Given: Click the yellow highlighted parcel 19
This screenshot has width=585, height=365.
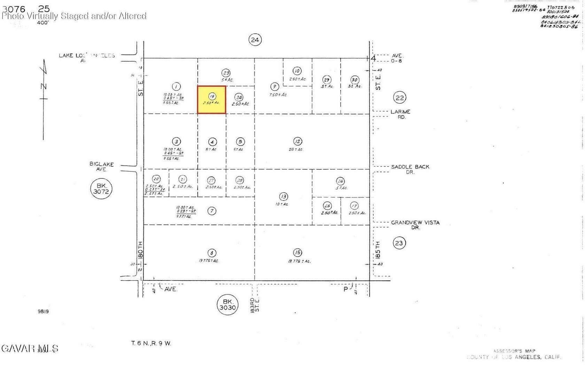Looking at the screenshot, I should coord(211,100).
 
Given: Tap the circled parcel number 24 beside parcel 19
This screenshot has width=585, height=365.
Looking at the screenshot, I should coord(239,97).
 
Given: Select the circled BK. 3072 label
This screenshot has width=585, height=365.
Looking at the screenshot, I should coord(101,189).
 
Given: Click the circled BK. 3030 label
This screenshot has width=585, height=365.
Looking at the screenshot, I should coord(227,304).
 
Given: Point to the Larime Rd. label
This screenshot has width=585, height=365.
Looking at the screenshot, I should coord(400,114).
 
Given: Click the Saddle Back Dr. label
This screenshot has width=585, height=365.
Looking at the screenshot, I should coord(410,169).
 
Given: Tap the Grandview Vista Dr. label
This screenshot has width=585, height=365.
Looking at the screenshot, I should coord(415,225).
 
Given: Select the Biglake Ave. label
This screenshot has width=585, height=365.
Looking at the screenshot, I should coord(101,166).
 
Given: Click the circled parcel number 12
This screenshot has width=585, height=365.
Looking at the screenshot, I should coord(298,141).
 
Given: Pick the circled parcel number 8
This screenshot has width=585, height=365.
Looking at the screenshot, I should coord(212,253).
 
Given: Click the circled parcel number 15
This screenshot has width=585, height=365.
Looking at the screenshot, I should coord(297,253).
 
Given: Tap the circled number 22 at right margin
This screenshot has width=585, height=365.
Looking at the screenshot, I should coord(400,98).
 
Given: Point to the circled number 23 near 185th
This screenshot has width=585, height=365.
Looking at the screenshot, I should coord(399,243).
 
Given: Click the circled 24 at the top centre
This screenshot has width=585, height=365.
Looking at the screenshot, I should coord(255,40).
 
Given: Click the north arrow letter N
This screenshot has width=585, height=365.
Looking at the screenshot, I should coord(44,86).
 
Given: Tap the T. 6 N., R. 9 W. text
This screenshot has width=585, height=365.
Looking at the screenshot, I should coord(151,343).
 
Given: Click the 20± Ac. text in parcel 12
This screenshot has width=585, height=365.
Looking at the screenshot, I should coord(296,150).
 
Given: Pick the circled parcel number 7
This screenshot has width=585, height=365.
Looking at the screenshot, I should coord(212,211).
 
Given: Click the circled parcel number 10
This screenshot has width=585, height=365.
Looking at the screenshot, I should coord(297,71).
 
